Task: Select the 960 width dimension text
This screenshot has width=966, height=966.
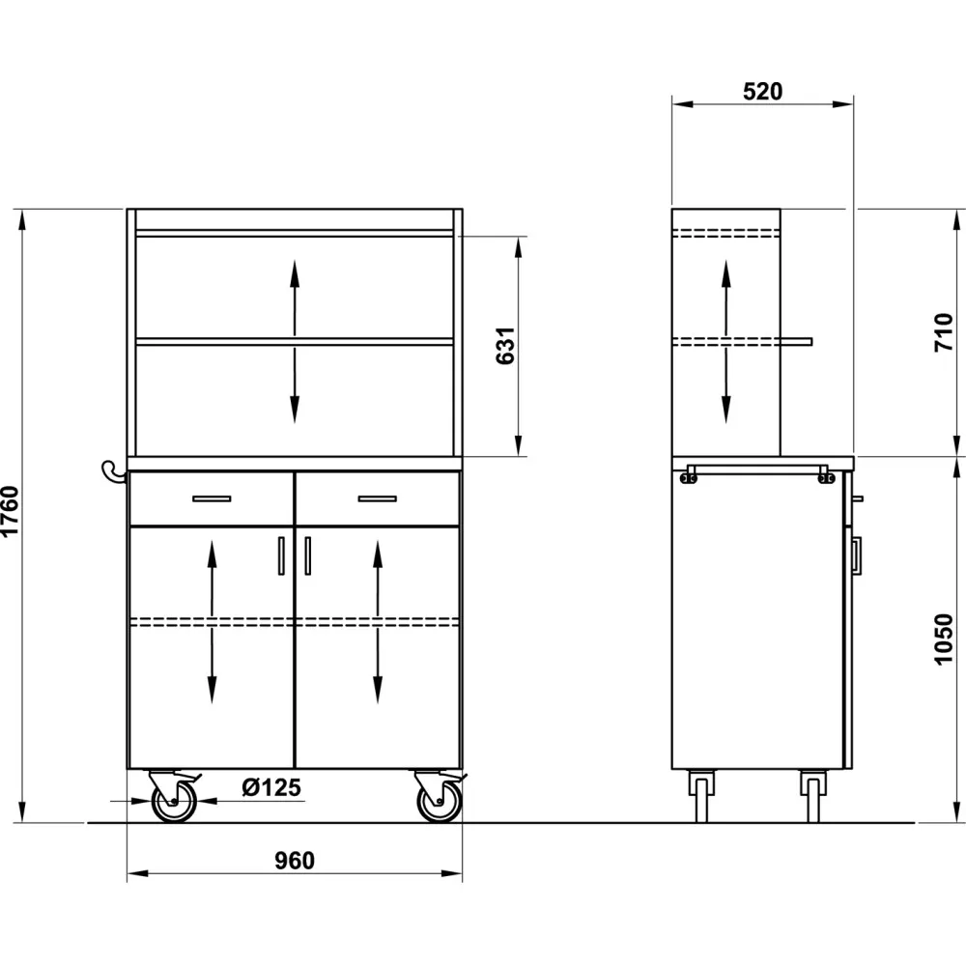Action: point(295,861)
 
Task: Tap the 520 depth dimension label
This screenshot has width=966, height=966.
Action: point(762,92)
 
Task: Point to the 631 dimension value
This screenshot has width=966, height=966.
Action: point(505,345)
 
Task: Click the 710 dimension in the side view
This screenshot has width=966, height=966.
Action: point(944,331)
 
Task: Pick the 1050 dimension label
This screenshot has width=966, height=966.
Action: point(944,639)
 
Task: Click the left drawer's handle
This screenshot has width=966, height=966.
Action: point(212,498)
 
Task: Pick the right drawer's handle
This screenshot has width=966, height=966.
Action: point(378,498)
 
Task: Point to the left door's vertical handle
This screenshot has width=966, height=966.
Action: point(281,556)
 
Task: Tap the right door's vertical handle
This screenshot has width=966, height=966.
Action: point(308,556)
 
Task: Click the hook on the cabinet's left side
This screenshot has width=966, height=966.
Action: point(113,471)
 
